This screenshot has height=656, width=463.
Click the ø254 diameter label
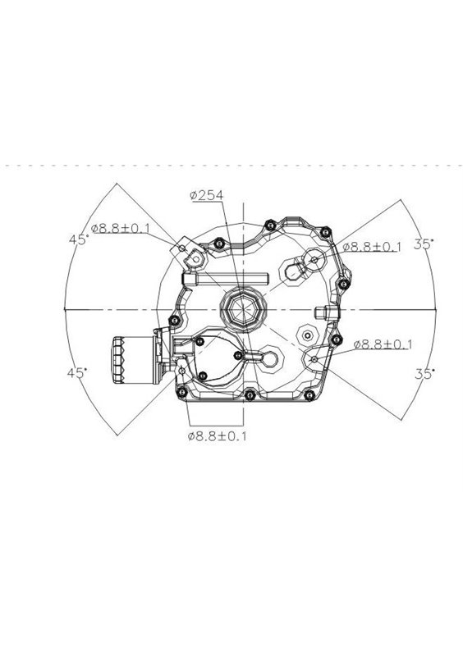pos(206,195)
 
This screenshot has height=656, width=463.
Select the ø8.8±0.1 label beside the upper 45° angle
pos(120,228)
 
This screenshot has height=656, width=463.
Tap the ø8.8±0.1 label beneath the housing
pos(217,436)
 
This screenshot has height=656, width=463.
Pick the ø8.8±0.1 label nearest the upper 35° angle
pos(372,247)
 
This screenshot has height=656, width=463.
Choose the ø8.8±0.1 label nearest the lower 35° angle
pos(383,344)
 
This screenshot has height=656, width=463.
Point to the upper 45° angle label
pos(79,239)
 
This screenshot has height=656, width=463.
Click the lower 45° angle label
pos(77,373)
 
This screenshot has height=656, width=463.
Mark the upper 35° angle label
pos(424,244)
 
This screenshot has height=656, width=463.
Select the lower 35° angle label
pos(424,374)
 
